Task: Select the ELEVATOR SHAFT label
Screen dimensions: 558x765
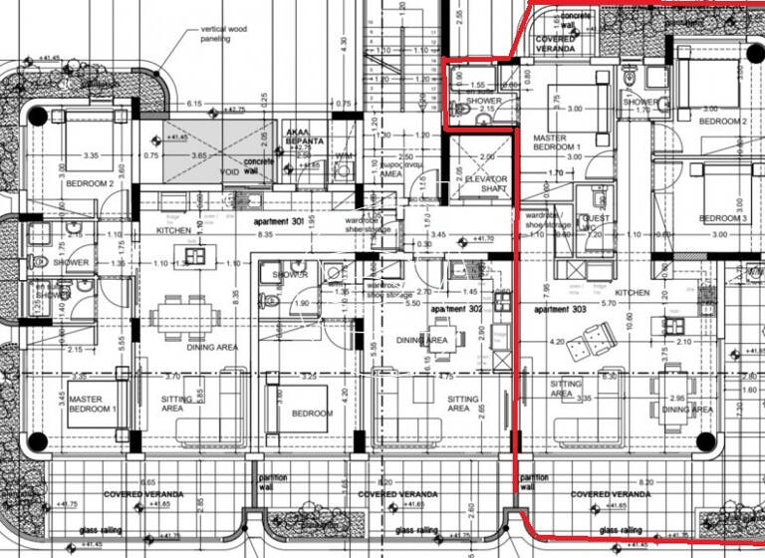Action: click(x=485, y=184)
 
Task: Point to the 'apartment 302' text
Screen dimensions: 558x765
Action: click(x=455, y=309)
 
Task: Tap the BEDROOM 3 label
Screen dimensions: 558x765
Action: click(x=722, y=218)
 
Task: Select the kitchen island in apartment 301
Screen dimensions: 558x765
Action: click(x=195, y=255)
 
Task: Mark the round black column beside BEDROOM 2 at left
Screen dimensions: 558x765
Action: click(x=38, y=116)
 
